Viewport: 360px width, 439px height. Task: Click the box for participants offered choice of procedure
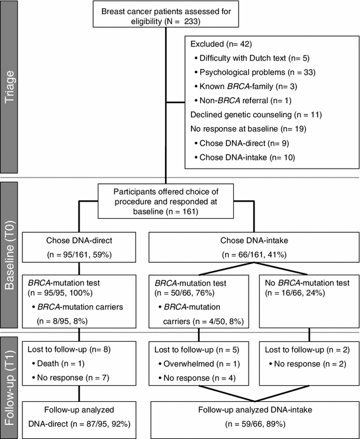167,202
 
